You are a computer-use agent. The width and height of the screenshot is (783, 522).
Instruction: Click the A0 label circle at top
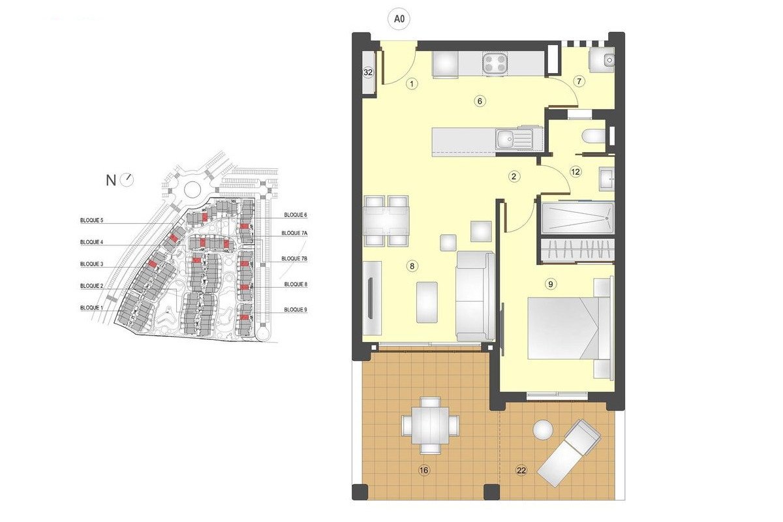400,20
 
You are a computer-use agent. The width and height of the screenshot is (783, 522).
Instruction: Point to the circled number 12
575,172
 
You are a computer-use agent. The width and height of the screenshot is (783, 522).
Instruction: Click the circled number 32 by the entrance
368,72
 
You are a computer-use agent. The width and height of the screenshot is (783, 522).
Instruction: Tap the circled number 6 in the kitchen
480,101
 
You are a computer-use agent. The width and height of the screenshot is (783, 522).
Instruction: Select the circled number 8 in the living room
412,266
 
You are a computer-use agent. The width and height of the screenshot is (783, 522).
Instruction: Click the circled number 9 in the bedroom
551,284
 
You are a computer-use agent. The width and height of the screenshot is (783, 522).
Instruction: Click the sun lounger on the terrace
568,452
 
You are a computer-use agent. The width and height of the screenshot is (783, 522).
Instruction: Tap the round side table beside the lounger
543,430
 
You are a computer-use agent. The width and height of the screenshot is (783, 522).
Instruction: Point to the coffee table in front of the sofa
427,301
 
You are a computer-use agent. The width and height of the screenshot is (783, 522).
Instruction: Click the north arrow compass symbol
127,179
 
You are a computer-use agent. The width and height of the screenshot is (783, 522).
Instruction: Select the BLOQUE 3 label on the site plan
91,264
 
